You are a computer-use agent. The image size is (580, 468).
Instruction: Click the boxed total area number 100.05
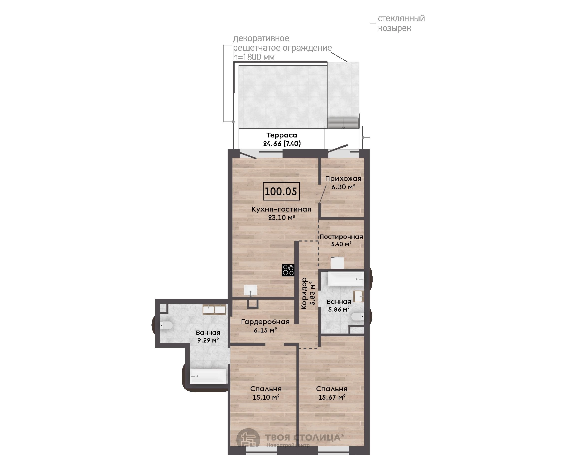point(281,191)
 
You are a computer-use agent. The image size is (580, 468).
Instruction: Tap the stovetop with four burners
point(288,270)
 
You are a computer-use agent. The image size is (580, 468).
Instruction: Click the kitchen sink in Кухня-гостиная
point(251,290)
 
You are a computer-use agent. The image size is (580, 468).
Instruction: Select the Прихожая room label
point(343,178)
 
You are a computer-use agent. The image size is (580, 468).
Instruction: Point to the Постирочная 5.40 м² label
point(341,240)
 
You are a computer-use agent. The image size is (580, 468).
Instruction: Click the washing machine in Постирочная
point(337,263)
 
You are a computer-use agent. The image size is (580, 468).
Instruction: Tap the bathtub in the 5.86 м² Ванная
point(346,279)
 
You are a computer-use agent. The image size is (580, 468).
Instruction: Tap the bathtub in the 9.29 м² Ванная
point(208,376)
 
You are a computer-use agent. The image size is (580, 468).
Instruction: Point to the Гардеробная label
point(265,322)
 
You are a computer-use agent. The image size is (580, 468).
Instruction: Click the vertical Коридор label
point(304,294)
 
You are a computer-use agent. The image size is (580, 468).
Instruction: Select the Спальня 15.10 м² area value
point(266,397)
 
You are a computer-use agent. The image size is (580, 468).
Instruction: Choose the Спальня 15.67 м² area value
point(332,397)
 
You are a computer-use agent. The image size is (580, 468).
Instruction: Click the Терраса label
point(282,135)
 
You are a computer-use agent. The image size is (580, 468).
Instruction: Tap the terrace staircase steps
point(343,123)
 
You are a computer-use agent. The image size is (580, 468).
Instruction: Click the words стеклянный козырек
point(401,23)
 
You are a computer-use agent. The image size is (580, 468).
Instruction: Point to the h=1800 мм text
point(254,57)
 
